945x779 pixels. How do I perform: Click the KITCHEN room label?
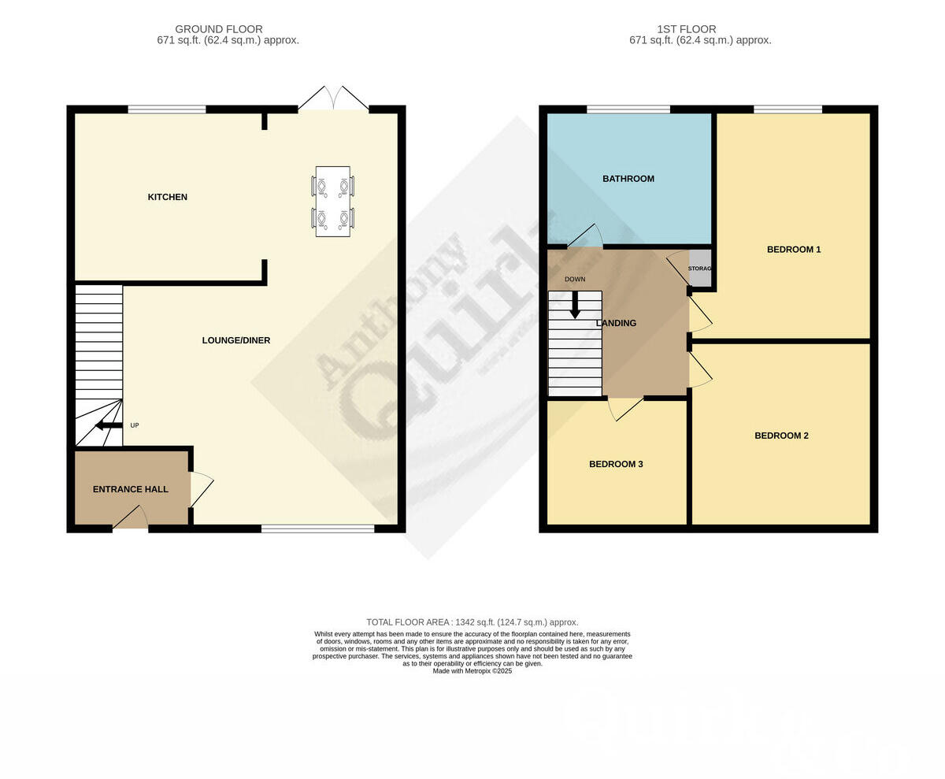coord(167,197)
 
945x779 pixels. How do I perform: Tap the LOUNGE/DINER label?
coord(235,340)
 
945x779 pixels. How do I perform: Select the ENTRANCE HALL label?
coord(130,489)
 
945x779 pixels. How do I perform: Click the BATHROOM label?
coord(628,179)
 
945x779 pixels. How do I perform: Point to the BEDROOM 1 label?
coord(794,250)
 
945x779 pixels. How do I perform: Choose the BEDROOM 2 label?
coord(781,436)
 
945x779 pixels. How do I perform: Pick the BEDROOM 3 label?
coord(616,464)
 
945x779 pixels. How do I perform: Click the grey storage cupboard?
coord(699,269)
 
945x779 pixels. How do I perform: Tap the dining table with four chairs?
coord(332,201)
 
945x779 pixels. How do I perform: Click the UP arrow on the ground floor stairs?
coord(109,425)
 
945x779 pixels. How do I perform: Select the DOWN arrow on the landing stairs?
coord(575,304)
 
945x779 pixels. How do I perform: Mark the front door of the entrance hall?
coord(131,519)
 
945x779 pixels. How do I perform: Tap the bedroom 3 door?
coord(625,408)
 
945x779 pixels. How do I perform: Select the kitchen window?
coord(167,109)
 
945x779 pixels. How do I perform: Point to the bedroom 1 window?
coord(787,109)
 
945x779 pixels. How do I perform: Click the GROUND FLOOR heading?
coord(219,29)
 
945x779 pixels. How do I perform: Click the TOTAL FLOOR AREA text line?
coord(472,622)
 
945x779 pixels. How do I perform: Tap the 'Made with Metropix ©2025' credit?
coord(472,671)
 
